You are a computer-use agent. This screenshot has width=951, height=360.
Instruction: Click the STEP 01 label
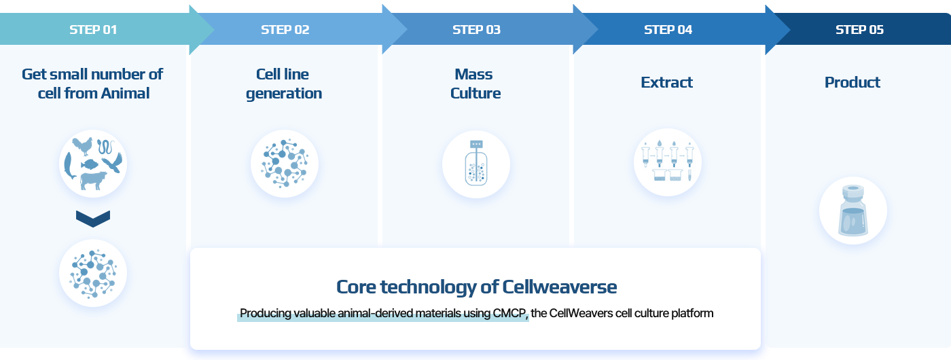[93, 30]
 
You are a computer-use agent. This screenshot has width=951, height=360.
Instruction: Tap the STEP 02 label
[285, 30]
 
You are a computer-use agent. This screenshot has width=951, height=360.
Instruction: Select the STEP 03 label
[476, 30]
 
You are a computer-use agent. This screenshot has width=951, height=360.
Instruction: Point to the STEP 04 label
[668, 30]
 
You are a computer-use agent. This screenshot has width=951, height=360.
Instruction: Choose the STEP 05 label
[859, 30]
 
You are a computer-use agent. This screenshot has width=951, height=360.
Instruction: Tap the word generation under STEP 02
[284, 94]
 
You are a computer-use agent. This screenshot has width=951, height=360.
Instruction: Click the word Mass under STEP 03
[474, 74]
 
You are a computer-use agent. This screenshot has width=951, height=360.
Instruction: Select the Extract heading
[666, 82]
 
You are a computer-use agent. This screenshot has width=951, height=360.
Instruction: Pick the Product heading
[852, 82]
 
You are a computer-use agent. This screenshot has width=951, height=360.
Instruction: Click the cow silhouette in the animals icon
[93, 181]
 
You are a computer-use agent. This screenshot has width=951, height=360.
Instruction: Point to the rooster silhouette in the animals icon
[83, 147]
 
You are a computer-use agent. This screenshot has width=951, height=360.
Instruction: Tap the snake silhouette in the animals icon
[106, 147]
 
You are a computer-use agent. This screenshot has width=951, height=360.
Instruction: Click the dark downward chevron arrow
[93, 219]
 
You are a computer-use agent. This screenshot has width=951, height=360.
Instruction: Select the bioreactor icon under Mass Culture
[476, 163]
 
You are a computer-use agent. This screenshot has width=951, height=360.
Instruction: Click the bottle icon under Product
[853, 211]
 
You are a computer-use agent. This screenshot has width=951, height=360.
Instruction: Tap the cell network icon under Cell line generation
[285, 164]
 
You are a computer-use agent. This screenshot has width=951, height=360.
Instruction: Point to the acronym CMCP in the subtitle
[509, 313]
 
